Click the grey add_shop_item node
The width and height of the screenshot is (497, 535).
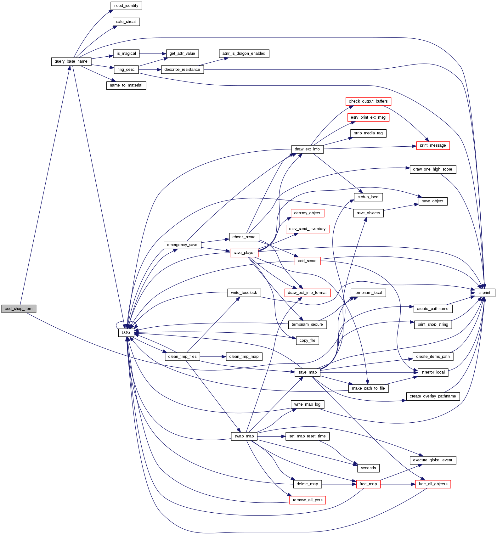tap(19, 309)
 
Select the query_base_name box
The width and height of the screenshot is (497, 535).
tap(71, 61)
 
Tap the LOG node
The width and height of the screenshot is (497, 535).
tap(126, 333)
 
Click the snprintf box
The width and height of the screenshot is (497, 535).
tap(485, 293)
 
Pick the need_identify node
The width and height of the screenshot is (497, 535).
tap(126, 6)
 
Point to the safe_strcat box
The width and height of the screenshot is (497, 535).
tap(126, 22)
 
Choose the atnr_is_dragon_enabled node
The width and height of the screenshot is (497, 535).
tap(244, 53)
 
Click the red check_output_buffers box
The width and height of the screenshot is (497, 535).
tap(368, 101)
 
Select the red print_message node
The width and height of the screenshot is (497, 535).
tap(433, 145)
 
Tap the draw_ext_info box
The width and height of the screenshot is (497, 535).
tap(307, 149)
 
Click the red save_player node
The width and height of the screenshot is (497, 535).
tap(244, 253)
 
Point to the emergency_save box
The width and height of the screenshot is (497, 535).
tap(182, 245)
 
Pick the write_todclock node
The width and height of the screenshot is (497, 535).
tap(244, 293)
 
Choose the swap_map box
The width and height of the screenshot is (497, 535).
tap(244, 436)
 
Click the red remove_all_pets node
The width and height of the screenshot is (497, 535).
tap(308, 500)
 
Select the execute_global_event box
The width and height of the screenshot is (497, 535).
tap(433, 460)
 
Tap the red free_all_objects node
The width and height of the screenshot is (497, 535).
tap(433, 484)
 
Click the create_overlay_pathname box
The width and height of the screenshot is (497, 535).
tap(433, 396)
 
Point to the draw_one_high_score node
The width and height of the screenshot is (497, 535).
tap(433, 169)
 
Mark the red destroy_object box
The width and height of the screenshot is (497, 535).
tap(307, 213)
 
